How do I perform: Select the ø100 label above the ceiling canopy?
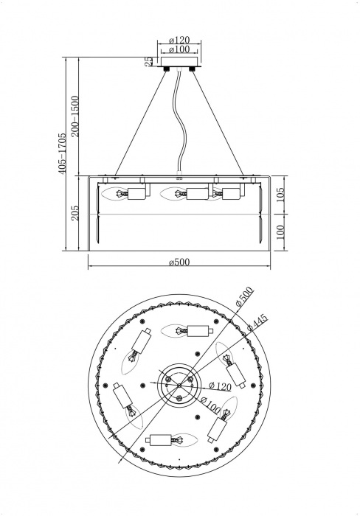point(180,50)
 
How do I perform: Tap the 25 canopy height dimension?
point(148,61)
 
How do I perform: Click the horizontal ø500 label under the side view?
point(180,262)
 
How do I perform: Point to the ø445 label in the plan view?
point(257,321)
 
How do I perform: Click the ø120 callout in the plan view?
point(221,385)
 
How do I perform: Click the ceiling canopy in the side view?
point(180,63)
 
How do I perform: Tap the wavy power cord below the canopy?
point(178,125)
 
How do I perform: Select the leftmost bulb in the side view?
point(117,195)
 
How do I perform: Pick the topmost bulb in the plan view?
point(179,331)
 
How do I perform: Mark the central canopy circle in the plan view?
point(180,383)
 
